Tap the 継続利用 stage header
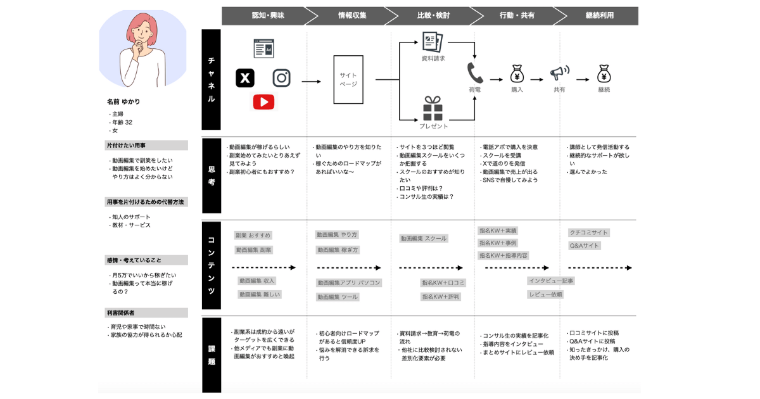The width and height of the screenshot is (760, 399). point(598,15)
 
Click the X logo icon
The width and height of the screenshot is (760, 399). point(245,78)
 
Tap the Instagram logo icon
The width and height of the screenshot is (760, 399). point(282,78)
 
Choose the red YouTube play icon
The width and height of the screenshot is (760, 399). point(263,101)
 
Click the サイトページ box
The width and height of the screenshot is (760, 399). point(348,80)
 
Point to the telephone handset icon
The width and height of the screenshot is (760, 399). point(474,72)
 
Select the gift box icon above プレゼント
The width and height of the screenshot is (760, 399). point(433,108)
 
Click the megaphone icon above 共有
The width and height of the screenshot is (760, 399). point(559,73)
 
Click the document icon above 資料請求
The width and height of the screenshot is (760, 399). point(433,42)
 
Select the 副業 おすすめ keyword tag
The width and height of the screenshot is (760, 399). point(253,236)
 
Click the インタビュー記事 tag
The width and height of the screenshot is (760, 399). point(551,281)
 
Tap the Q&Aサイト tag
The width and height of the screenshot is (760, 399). point(584,246)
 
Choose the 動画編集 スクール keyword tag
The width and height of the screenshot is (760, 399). point(423,239)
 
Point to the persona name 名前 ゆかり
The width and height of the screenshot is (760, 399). point(123,101)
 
